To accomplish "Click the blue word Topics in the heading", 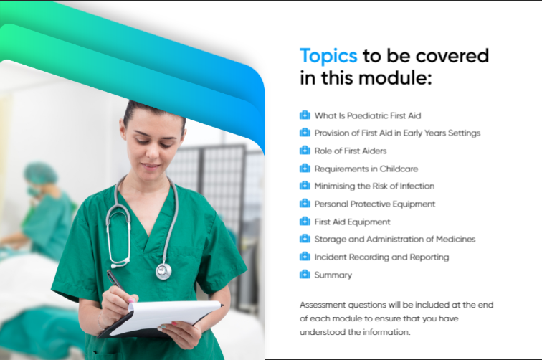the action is (328, 56).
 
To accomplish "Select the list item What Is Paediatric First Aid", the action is (368, 115).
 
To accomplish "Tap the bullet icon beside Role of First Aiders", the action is (305, 151).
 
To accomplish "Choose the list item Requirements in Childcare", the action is (366, 169).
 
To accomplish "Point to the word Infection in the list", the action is (417, 186).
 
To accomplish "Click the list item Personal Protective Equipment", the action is (375, 204).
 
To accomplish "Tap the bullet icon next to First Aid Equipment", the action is (305, 221).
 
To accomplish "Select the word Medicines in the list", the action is (455, 239).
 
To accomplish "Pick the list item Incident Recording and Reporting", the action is (381, 257).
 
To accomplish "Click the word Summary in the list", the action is (333, 275).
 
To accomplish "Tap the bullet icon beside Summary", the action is (305, 275).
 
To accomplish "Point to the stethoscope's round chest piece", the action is (163, 271).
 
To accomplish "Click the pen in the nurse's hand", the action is (115, 280).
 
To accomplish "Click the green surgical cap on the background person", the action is (40, 173).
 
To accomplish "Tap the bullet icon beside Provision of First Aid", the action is (305, 133).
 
